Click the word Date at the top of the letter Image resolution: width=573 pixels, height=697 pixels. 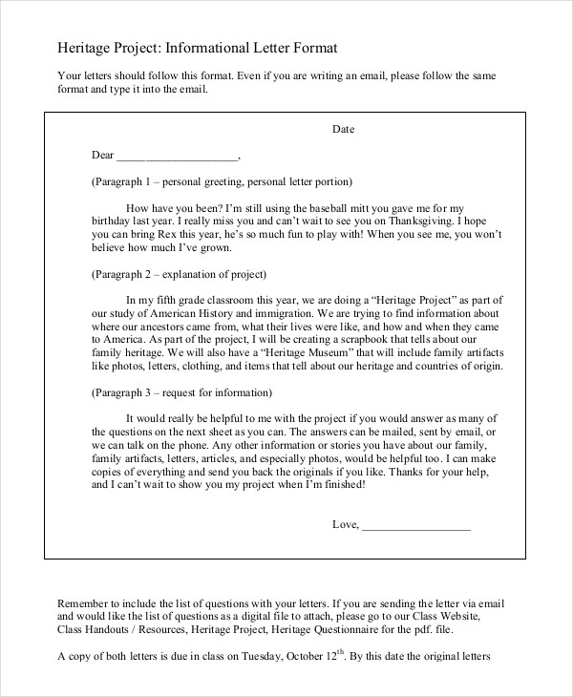click(x=344, y=128)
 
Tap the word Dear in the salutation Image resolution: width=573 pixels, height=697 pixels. click(x=102, y=155)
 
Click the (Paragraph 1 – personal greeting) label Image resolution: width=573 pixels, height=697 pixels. click(x=222, y=180)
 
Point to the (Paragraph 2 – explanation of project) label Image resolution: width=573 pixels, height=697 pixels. click(x=178, y=273)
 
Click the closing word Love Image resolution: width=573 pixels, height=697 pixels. click(x=343, y=523)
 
